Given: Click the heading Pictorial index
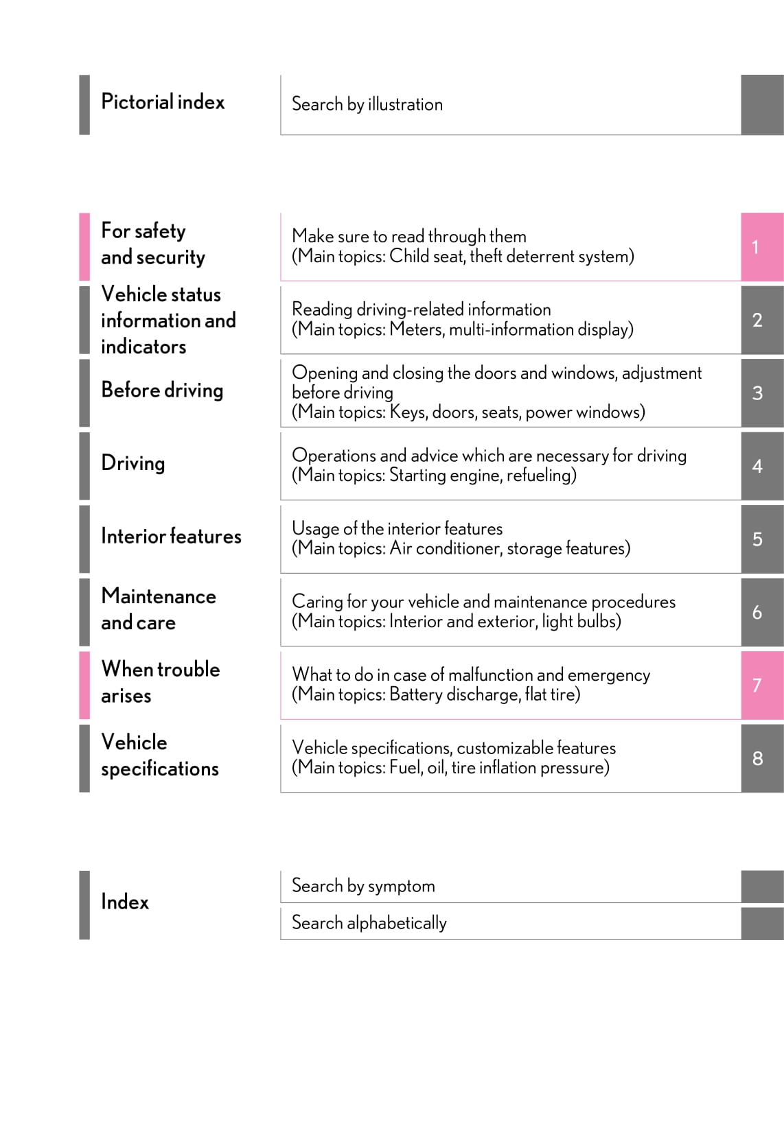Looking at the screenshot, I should coord(163,102).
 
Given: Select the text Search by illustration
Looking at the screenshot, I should coord(367,104).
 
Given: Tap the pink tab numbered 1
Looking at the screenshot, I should coord(761,247).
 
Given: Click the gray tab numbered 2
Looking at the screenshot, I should coord(761,320).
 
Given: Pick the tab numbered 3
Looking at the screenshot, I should coord(761,393).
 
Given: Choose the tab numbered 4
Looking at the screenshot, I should coord(761,466).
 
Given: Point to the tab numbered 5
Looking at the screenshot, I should coord(761,539).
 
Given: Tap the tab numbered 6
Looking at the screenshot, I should coord(761,612).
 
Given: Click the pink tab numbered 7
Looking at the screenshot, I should coord(761,685).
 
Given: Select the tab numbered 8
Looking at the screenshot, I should coord(761,758).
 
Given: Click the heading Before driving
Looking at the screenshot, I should coord(162,390).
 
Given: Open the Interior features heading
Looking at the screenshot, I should coord(171,536).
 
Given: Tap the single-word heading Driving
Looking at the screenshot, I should coord(132,463).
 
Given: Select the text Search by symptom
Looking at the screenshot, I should coord(363,886).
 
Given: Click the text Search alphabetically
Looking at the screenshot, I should coord(369,923).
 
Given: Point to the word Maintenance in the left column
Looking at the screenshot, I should coord(159,596).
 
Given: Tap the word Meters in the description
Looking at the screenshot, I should coord(417,329).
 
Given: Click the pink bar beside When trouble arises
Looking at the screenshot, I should coord(84,685).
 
